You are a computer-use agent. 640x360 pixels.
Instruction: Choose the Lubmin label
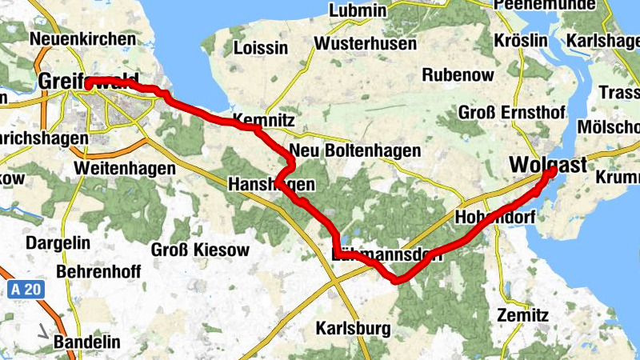pyautogui.click(x=357, y=11)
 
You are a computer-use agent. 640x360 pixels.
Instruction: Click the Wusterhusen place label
pyautogui.click(x=366, y=44)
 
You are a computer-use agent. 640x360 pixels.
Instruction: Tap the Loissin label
pyautogui.click(x=260, y=48)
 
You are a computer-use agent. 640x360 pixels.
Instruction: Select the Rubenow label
pyautogui.click(x=455, y=74)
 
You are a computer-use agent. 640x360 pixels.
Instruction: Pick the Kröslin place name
pyautogui.click(x=520, y=40)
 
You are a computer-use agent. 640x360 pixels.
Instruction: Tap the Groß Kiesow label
pyautogui.click(x=200, y=250)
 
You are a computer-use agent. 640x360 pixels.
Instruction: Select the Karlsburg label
pyautogui.click(x=353, y=328)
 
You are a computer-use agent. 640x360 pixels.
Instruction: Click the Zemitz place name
pyautogui.click(x=522, y=315)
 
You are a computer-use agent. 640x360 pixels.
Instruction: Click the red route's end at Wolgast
pyautogui.click(x=552, y=170)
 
